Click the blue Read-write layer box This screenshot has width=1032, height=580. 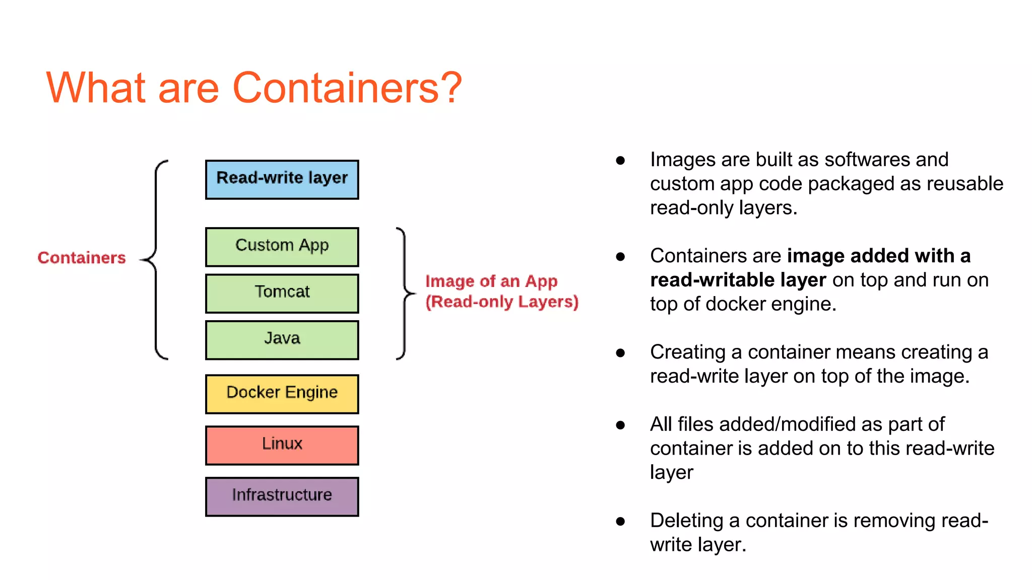coord(282,179)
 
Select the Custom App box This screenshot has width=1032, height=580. coord(282,246)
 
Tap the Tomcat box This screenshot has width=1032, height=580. coord(282,293)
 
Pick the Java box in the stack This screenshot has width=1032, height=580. coord(282,339)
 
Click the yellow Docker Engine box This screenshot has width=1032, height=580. coord(282,393)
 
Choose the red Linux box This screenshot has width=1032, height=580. coord(282,445)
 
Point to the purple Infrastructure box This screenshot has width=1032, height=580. coord(282,496)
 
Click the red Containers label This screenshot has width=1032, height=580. coord(82,258)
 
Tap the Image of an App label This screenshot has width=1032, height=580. coord(491,281)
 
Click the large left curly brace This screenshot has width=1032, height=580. coord(156,260)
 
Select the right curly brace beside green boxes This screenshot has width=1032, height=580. coord(405,293)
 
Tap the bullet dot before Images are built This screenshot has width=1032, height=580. coord(620,161)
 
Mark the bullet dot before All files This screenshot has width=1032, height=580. coord(620,425)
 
